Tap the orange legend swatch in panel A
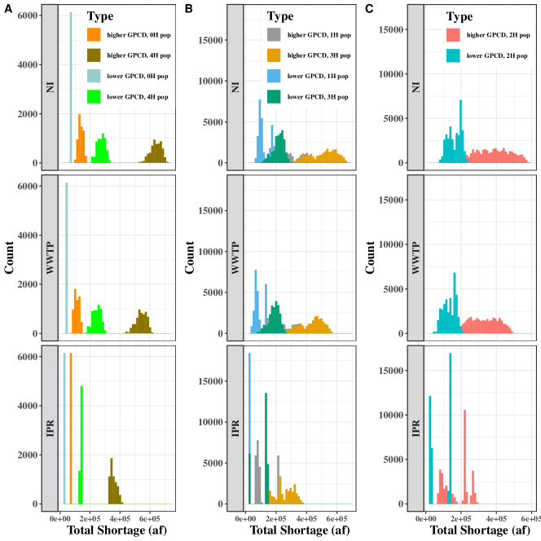tap(94, 35)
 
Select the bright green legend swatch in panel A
tap(94, 98)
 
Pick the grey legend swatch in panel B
tap(275, 35)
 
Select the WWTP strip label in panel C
tap(415, 258)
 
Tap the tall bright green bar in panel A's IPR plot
tap(82, 445)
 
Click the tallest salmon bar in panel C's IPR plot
tap(464, 456)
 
